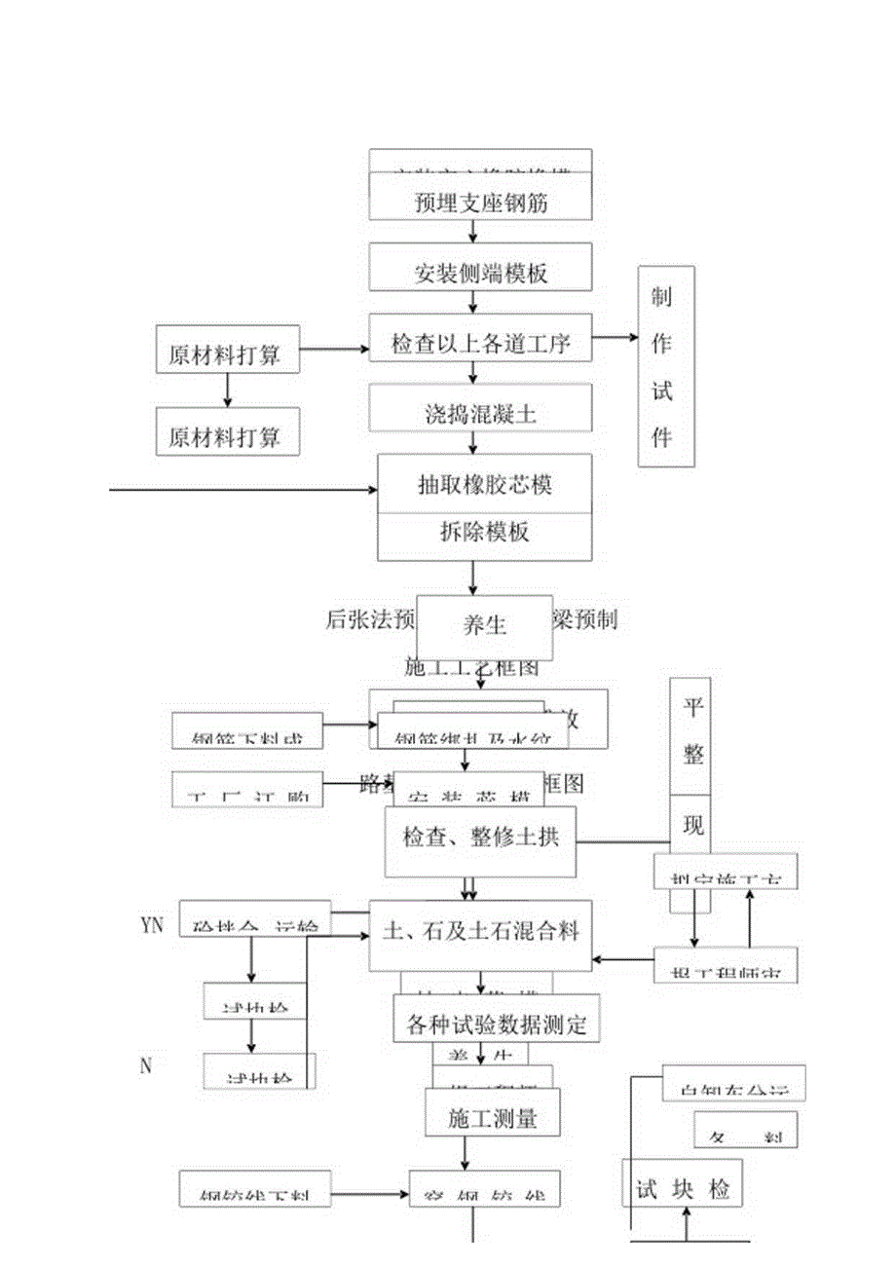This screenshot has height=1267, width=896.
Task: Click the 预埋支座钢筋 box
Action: pyautogui.click(x=480, y=204)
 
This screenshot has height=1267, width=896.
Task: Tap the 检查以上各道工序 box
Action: pyautogui.click(x=480, y=343)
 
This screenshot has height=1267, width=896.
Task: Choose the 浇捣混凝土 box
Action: pyautogui.click(x=480, y=413)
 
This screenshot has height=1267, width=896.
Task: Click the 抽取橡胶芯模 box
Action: pyautogui.click(x=484, y=483)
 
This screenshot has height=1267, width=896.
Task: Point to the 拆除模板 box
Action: pyautogui.click(x=484, y=533)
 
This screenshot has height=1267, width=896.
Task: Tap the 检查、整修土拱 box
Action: pyautogui.click(x=480, y=837)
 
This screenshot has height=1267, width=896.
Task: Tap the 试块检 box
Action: pyautogui.click(x=682, y=1189)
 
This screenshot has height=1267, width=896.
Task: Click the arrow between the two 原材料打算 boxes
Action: pyautogui.click(x=228, y=390)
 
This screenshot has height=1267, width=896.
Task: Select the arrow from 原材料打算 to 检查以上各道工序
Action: pyautogui.click(x=333, y=348)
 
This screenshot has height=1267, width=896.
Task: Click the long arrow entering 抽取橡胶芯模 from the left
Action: pyautogui.click(x=243, y=489)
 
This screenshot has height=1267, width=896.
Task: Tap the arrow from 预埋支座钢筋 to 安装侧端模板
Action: pyautogui.click(x=473, y=232)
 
